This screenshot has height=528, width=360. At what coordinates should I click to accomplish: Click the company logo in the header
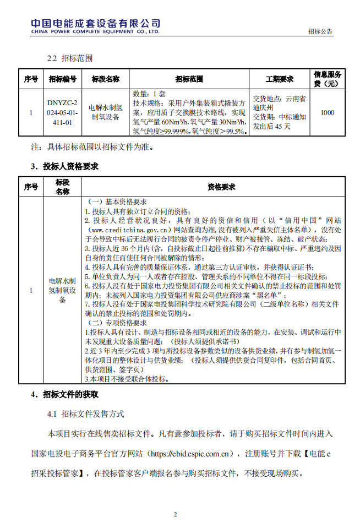point(95,25)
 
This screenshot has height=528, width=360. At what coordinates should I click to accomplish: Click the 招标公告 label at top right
point(320,32)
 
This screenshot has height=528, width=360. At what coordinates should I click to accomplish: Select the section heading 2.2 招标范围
point(69,58)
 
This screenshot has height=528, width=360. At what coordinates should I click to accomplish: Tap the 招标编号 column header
point(62,79)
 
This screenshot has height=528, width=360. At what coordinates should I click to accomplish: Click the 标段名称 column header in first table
point(106,79)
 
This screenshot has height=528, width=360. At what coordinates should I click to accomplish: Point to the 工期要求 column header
point(280,79)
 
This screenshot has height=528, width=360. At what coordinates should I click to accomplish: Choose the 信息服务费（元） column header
point(328,79)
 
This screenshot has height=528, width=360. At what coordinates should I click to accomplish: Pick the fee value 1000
point(327,113)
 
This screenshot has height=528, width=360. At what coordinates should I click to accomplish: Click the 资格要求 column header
point(221,187)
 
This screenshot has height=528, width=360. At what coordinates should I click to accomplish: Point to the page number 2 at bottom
point(176,515)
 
